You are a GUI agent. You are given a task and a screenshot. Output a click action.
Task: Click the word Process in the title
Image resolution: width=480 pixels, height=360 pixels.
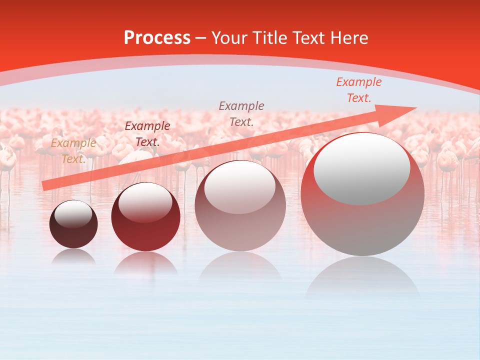pos(157,38)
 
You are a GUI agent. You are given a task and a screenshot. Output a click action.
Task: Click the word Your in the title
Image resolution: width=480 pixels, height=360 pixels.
pos(228,38)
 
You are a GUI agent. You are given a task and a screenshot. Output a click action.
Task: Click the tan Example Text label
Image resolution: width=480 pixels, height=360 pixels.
pos(73,151)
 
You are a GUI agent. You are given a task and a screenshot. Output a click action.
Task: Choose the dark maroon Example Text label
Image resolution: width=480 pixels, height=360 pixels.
pos(147,134)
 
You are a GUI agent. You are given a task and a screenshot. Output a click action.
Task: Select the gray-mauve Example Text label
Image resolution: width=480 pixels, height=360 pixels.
pos(241,113)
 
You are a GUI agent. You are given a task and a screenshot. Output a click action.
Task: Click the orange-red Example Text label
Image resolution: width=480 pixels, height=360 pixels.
pos(358,90)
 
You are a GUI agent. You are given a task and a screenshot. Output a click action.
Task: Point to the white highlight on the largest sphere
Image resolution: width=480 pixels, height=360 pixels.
pos(361,167)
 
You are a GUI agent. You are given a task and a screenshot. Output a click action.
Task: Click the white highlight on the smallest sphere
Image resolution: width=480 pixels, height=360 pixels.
pos(73,213)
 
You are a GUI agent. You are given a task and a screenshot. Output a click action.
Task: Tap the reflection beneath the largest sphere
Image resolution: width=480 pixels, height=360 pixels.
pos(362,277)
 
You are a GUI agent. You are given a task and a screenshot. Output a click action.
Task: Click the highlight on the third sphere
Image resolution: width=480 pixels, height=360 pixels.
pos(239,187)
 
